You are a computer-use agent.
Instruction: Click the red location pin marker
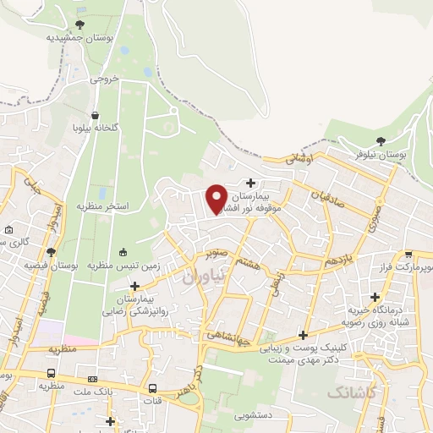tap(216, 197)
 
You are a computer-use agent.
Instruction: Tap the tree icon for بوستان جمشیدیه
tap(79, 25)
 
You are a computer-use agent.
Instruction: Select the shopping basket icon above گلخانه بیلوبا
tap(96, 115)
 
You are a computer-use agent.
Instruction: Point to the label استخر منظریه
tap(104, 206)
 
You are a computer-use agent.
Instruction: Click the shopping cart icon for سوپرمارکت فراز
tap(408, 254)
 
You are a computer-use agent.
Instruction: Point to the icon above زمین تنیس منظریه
tap(124, 251)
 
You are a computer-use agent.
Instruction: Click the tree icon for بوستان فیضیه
tap(52, 251)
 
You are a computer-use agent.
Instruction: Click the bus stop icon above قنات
tap(152, 389)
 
